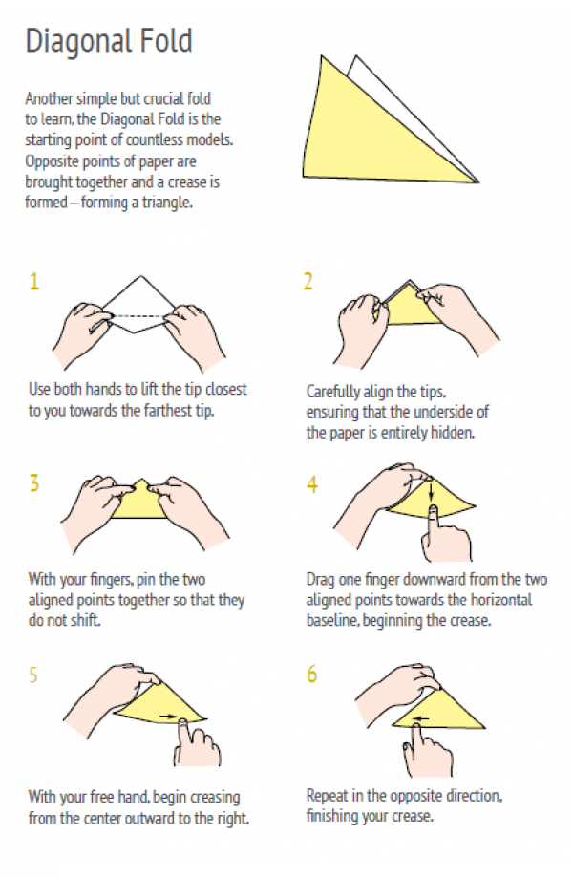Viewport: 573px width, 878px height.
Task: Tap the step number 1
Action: (x=34, y=281)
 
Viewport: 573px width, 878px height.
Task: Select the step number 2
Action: (x=308, y=281)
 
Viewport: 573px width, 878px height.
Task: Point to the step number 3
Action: (x=34, y=482)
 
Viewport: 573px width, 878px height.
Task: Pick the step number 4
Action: (x=311, y=484)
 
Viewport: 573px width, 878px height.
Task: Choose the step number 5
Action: (x=33, y=675)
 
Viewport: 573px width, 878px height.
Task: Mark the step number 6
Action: (x=311, y=674)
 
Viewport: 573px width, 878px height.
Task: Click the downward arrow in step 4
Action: (x=432, y=491)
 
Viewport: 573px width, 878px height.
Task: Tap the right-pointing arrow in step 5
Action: (x=167, y=716)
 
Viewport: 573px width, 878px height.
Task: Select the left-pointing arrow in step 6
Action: (x=420, y=719)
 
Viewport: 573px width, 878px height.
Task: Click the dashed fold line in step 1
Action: (x=138, y=316)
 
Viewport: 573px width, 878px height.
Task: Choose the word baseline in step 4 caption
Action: (x=332, y=620)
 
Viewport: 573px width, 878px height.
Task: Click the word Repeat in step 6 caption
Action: (x=324, y=796)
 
